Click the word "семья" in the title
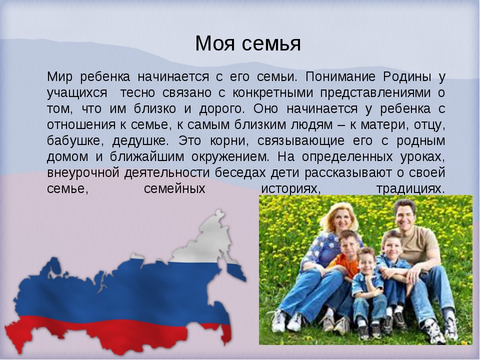pos(271,43)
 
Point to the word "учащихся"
pos(77,93)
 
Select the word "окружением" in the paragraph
pos(230,156)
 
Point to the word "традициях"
pos(410,189)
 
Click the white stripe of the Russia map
pos(208,242)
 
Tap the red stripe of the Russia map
pos(116,333)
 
